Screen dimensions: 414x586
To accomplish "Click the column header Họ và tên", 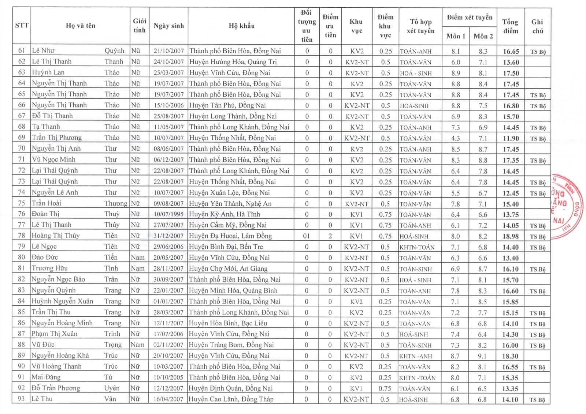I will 81,26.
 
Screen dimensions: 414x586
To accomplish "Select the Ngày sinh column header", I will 168,26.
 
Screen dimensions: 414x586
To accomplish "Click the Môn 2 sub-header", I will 483,36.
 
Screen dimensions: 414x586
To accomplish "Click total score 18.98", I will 511,236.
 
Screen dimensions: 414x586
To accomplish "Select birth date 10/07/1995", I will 168,214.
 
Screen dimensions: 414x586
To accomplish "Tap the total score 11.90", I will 511,138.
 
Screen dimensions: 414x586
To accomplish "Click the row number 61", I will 22,51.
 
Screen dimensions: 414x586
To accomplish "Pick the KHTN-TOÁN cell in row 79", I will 417,247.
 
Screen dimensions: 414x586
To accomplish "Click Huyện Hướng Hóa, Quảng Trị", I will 233,62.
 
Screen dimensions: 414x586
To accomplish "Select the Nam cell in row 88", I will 137,345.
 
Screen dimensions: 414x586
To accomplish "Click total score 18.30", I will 510,356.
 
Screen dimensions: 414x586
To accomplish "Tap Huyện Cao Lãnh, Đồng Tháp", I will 231,399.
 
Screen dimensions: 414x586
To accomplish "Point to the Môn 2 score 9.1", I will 482,356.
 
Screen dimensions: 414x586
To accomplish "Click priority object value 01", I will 306,236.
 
